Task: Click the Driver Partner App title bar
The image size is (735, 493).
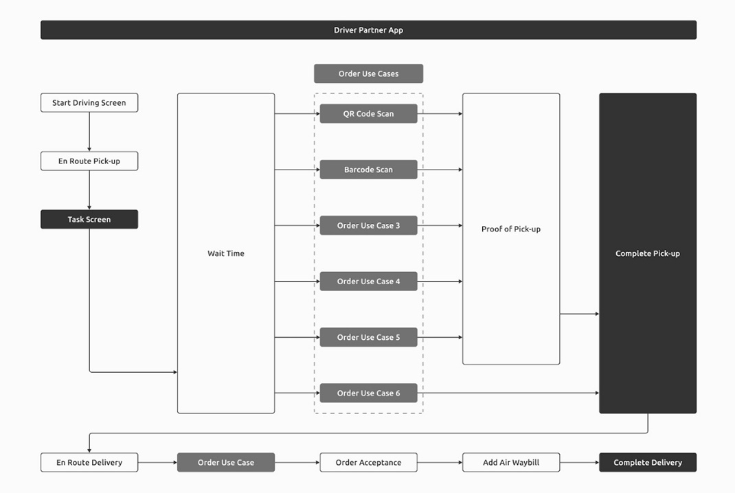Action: (x=368, y=30)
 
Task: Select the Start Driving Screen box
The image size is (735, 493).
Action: (x=89, y=103)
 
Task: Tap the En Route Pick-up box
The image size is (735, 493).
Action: (x=89, y=161)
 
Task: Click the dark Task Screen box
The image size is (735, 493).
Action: (x=89, y=220)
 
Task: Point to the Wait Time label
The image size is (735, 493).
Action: (x=226, y=253)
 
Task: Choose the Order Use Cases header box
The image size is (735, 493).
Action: (x=368, y=73)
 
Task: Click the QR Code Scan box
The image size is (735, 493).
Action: (x=368, y=114)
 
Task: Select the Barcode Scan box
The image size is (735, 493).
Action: (x=368, y=170)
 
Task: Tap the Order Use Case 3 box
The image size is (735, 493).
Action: (x=368, y=226)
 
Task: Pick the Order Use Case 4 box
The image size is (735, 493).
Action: (x=368, y=282)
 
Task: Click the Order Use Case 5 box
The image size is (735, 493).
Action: (x=368, y=338)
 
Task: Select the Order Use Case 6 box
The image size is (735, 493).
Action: (x=368, y=393)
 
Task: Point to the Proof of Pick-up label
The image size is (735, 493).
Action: (x=511, y=229)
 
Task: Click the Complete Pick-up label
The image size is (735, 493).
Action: (x=648, y=253)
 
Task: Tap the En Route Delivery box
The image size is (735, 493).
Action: (x=89, y=463)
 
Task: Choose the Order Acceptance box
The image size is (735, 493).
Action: (x=368, y=463)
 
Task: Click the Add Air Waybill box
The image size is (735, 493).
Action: (x=511, y=463)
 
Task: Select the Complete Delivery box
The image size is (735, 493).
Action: (x=648, y=463)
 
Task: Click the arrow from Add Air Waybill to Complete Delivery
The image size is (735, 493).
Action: (x=579, y=463)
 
